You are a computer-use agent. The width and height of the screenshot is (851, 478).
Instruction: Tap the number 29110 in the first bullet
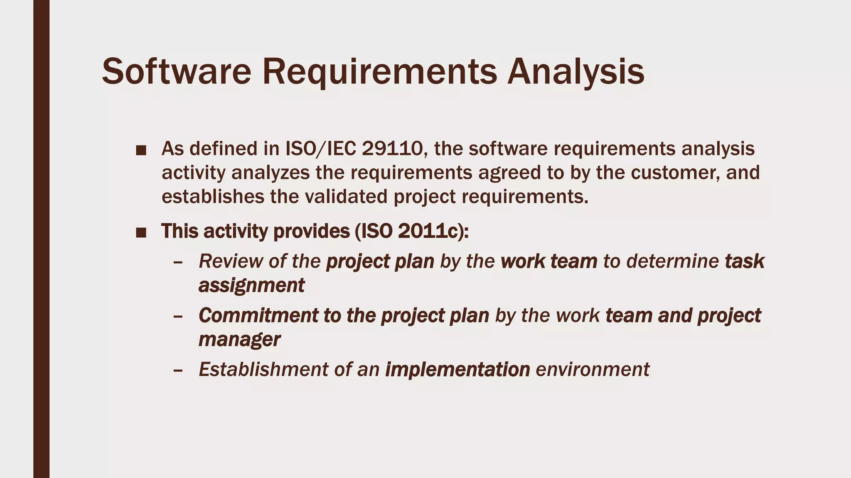tap(392, 149)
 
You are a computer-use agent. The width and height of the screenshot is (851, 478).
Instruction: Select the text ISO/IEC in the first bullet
tap(321, 149)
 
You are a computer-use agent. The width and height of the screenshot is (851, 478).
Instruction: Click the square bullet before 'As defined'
tap(141, 150)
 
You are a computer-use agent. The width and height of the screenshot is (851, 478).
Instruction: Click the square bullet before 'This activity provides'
tap(141, 233)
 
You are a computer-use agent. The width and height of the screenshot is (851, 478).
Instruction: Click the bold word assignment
tap(251, 285)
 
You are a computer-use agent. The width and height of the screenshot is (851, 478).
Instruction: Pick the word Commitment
tap(258, 315)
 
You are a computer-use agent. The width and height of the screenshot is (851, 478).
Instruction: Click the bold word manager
tap(239, 339)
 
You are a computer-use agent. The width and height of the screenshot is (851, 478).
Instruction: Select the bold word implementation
tap(457, 369)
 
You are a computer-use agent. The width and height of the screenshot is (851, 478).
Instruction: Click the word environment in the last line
tap(593, 369)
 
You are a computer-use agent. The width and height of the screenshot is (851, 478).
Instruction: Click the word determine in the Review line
tap(672, 261)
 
